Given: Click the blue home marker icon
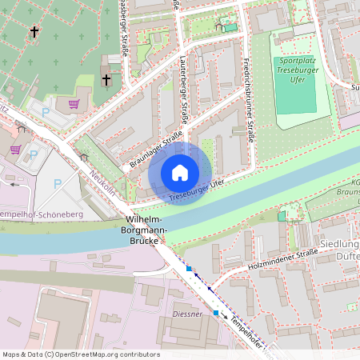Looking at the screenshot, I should click(x=180, y=172).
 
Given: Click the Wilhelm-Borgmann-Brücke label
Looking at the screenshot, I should click(x=146, y=230).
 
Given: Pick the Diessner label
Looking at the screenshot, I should click(x=187, y=314).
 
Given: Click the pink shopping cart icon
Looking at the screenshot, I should click(x=74, y=104).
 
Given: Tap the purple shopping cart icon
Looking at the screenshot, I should click(x=15, y=149).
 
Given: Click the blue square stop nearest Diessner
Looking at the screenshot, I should click(x=215, y=312).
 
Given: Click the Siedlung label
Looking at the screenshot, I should click(x=340, y=244).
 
